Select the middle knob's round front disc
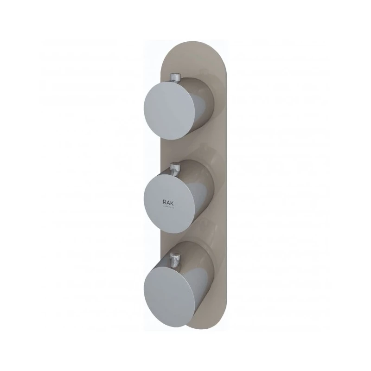tap(170, 198)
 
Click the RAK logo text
tap(169, 202)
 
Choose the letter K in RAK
tap(174, 202)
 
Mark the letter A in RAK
tap(169, 202)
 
